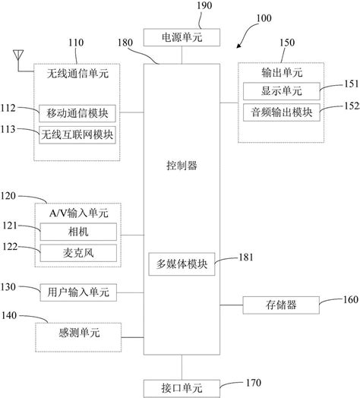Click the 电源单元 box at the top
click(x=182, y=36)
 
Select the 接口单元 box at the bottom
click(x=182, y=387)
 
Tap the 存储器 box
click(x=271, y=305)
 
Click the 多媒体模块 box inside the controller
click(x=182, y=265)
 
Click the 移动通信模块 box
click(x=77, y=114)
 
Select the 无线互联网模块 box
click(x=77, y=134)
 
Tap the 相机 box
click(x=77, y=230)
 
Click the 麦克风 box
click(x=77, y=251)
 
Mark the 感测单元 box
click(x=79, y=332)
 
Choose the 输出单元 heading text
click(x=270, y=72)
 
